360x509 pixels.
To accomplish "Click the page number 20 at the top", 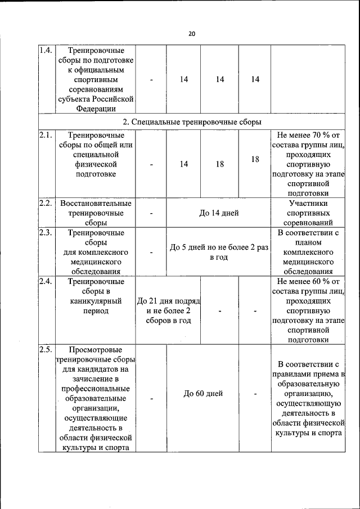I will [191, 34].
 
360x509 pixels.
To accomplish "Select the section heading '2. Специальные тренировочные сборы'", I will [192, 121].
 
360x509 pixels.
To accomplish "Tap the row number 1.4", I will [46, 50].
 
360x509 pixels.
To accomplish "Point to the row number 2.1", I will [46, 136].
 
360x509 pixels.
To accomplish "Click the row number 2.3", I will [46, 232].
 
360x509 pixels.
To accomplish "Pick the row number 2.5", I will [46, 350].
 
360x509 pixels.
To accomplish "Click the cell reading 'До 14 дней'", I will [219, 213].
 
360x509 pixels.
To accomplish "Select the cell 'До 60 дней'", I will [204, 394].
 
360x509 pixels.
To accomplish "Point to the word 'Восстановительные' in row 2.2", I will [96, 203].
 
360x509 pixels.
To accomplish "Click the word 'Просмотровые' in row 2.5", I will [96, 350].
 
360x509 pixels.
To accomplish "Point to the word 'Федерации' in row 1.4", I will [96, 109].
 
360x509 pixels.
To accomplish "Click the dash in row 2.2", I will [152, 213].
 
